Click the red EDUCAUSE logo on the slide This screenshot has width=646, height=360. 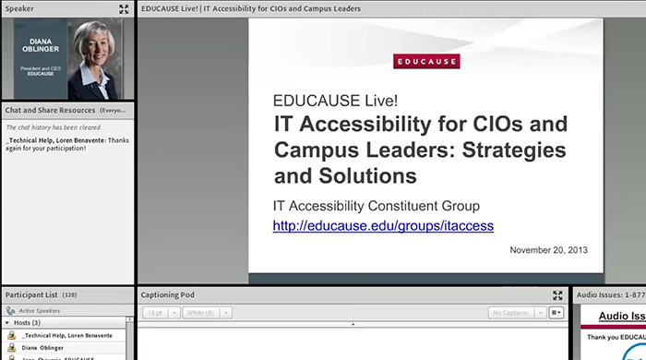426,62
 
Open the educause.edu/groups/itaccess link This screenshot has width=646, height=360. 383,225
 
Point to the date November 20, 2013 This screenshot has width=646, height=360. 549,250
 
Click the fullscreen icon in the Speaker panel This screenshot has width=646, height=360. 124,8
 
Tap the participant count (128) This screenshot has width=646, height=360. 70,294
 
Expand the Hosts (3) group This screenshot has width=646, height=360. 7,323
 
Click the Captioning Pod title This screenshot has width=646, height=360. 167,294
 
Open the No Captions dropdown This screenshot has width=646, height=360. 515,313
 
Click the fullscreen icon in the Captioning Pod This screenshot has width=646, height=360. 557,295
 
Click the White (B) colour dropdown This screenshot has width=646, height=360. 202,313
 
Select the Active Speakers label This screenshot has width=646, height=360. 39,311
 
